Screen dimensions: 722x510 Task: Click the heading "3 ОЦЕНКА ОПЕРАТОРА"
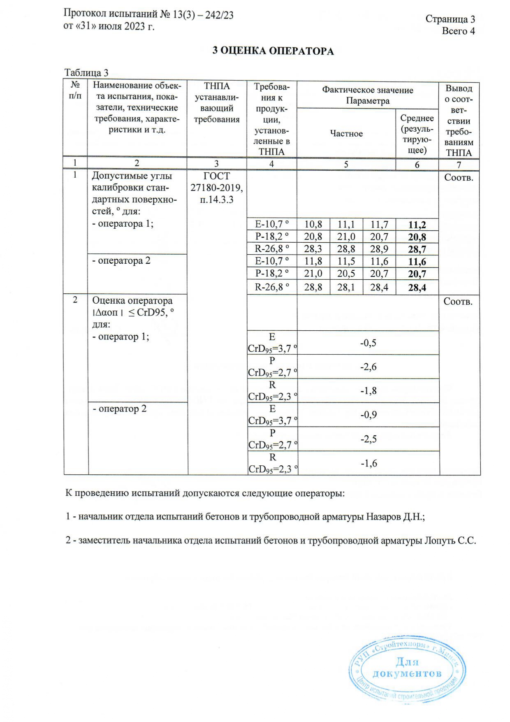(x=273, y=51)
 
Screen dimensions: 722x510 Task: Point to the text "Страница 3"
(x=450, y=19)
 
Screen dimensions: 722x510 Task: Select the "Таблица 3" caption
(x=86, y=73)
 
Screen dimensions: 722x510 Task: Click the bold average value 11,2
(x=417, y=225)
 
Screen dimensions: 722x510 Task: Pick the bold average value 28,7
(x=417, y=249)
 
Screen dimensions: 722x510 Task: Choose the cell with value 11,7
(x=379, y=224)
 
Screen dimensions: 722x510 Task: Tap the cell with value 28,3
(x=313, y=248)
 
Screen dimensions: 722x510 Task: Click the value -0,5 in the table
(x=368, y=343)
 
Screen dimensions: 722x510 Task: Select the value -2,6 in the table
(x=368, y=367)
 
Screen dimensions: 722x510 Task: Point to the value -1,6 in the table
(x=369, y=464)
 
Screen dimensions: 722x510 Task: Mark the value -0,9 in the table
(x=369, y=415)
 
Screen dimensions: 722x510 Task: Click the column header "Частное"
(x=346, y=134)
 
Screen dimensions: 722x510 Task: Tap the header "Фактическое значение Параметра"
(x=367, y=95)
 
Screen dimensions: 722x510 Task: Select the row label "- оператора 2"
(x=121, y=261)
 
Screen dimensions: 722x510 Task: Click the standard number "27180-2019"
(x=216, y=188)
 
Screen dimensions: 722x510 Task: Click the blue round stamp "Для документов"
(x=407, y=669)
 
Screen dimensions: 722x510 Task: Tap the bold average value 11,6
(x=417, y=262)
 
